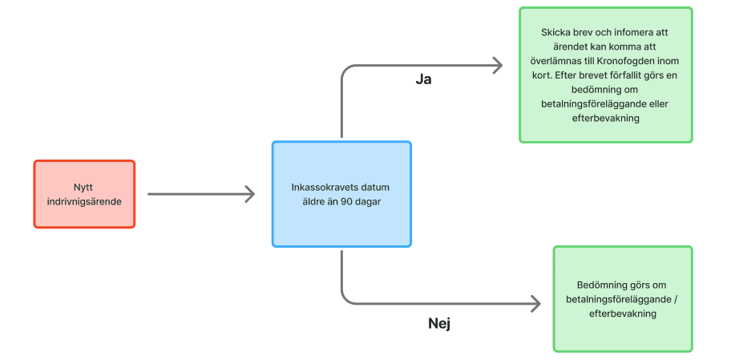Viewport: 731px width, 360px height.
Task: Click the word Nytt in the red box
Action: (84, 187)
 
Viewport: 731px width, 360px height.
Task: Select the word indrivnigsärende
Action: (84, 201)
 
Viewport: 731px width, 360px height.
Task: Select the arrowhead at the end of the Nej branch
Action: (535, 304)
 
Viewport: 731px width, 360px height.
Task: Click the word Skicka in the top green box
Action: (557, 33)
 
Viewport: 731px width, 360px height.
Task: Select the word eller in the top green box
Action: (655, 103)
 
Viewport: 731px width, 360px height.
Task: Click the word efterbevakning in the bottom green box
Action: (622, 314)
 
